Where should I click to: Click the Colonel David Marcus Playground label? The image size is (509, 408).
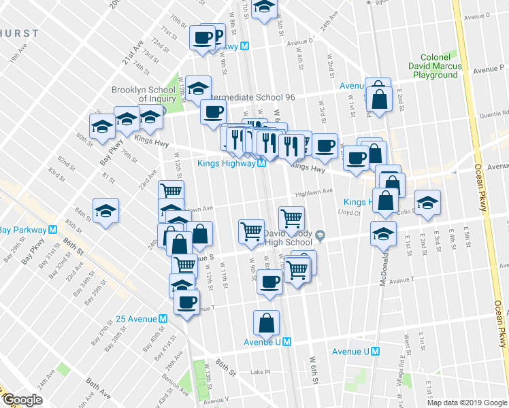coord(435,66)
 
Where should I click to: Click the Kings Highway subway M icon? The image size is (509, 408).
coord(261,163)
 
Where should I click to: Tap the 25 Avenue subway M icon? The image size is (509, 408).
coord(163,319)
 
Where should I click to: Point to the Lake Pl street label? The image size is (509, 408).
coord(261,372)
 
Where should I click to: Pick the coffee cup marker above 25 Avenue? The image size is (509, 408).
coord(186,303)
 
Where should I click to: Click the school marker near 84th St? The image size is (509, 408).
coord(106,211)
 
